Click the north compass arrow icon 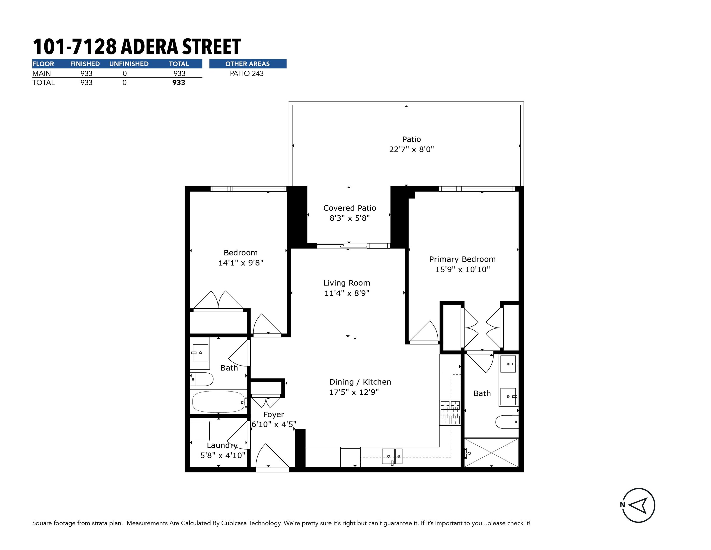[638, 505]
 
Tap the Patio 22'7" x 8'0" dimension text [411, 149]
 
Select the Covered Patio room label [350, 208]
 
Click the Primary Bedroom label [462, 259]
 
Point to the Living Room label [347, 283]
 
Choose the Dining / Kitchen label [360, 382]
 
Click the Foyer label [274, 414]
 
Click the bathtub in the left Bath [219, 402]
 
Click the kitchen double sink [392, 456]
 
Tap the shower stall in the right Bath [491, 453]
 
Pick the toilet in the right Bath [507, 422]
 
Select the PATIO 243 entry [247, 73]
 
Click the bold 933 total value [179, 82]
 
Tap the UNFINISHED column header [129, 64]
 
